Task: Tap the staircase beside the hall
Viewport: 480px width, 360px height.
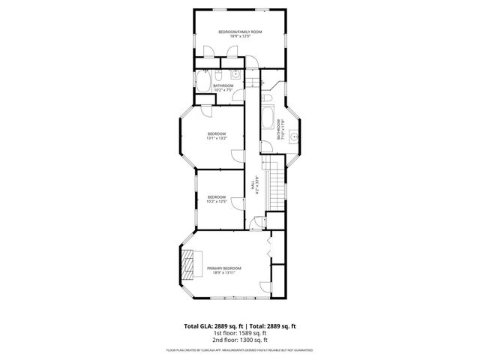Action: click(277, 187)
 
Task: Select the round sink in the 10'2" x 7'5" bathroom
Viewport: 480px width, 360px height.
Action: click(234, 74)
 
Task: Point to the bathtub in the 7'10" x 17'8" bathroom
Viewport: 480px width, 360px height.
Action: click(268, 120)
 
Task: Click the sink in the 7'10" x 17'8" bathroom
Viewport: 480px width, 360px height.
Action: click(295, 136)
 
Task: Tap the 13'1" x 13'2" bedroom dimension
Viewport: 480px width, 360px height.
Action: click(217, 138)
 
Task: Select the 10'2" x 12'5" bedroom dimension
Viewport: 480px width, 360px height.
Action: click(217, 201)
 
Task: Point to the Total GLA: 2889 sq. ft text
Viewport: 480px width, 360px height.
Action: click(214, 326)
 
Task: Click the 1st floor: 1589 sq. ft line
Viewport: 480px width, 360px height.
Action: click(240, 334)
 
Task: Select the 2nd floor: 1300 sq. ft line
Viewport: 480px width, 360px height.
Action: click(240, 340)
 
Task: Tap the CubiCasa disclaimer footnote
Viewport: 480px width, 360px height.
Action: click(240, 350)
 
